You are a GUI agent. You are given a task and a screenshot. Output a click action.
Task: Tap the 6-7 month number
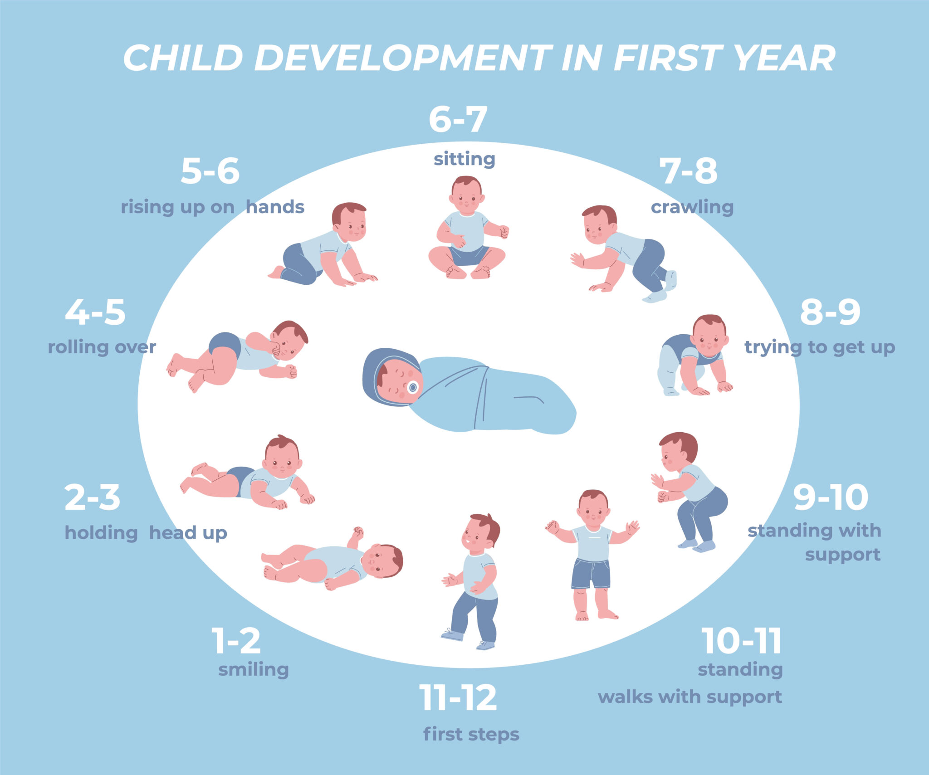click(458, 119)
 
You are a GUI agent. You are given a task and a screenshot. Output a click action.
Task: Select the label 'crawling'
click(692, 207)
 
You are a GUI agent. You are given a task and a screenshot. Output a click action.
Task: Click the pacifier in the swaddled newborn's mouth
click(413, 387)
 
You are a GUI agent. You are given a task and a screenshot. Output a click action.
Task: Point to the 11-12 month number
click(458, 698)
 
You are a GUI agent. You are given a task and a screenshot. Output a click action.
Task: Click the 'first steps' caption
click(471, 734)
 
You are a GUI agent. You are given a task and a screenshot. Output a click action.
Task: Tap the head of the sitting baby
click(467, 195)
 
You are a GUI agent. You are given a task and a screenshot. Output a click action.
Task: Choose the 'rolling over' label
click(102, 347)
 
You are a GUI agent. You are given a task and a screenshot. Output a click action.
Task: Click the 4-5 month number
click(95, 312)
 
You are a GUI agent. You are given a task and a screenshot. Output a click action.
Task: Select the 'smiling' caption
click(254, 669)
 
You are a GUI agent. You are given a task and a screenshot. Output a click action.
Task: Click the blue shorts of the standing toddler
click(591, 573)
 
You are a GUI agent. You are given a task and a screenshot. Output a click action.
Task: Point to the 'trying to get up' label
click(820, 347)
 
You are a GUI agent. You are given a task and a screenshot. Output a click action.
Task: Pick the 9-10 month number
click(831, 497)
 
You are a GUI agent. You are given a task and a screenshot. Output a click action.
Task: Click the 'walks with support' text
click(689, 697)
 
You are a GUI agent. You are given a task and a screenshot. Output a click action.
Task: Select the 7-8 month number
click(688, 171)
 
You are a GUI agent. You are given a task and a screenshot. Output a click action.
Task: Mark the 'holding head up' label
click(146, 533)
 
